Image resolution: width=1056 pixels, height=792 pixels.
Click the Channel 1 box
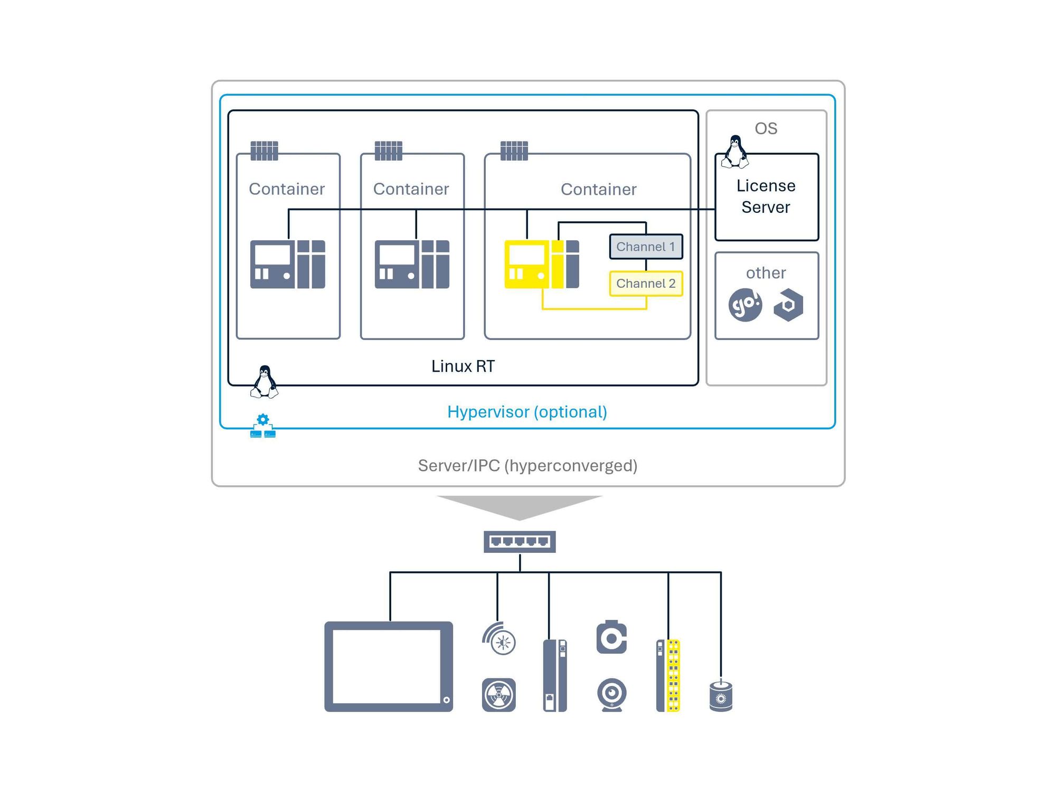(646, 247)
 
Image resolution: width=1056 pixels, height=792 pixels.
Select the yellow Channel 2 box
(646, 284)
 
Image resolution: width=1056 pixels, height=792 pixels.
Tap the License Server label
(766, 196)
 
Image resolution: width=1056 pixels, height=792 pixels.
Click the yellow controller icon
(542, 264)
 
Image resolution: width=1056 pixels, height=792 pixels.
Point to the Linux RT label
(463, 366)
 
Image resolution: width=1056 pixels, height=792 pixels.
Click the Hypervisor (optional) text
(527, 412)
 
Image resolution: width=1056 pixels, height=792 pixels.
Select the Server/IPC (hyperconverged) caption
(528, 466)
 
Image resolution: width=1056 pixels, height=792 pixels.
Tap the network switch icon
(520, 542)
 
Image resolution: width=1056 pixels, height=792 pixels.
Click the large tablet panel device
(389, 666)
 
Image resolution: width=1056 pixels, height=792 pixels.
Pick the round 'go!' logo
(745, 305)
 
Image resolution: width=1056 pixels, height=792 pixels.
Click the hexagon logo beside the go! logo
(788, 305)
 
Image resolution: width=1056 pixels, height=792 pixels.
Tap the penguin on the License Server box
(735, 152)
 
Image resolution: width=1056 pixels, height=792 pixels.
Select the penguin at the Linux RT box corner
(264, 382)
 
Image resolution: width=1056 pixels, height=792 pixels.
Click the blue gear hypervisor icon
(263, 426)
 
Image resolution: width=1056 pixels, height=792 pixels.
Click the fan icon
(499, 695)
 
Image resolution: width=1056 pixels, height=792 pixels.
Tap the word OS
(766, 128)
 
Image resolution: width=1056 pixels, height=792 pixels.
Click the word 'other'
(766, 273)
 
